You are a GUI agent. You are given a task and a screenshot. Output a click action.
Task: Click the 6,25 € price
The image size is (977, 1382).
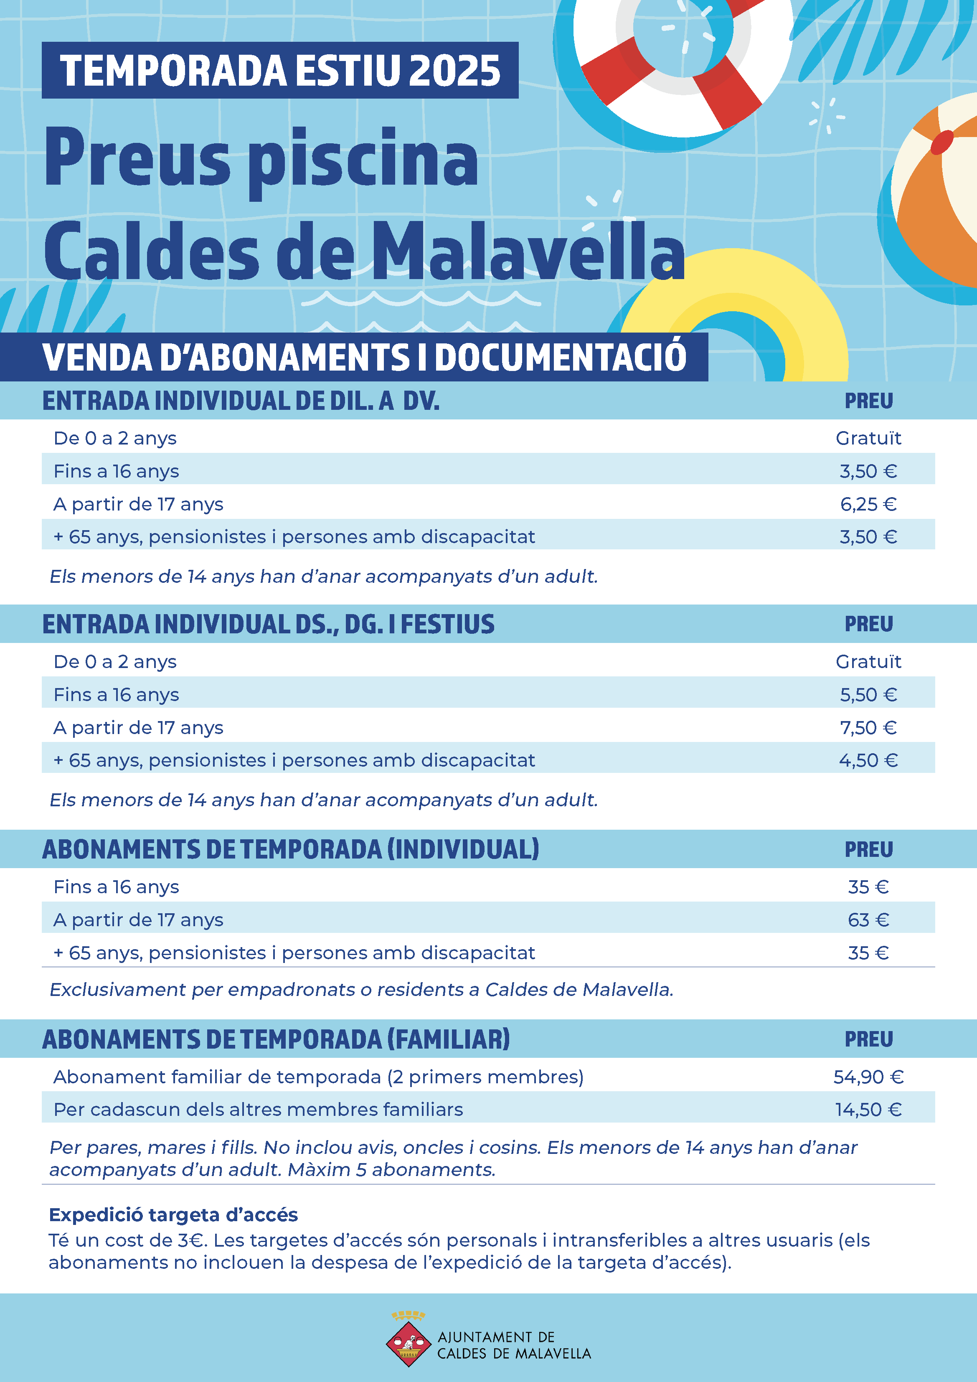pos(868,504)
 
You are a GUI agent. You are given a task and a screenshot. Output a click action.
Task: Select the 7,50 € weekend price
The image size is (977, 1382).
pos(868,728)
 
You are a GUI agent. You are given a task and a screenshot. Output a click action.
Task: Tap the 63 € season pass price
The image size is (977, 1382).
pos(868,920)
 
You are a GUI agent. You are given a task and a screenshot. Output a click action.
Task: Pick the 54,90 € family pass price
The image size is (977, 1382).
pos(868,1077)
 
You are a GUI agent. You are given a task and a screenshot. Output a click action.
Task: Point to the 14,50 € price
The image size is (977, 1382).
pos(868,1109)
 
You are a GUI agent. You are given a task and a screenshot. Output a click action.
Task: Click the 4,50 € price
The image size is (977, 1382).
pos(868,760)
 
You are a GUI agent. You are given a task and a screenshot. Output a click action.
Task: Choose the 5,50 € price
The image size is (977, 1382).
pos(868,695)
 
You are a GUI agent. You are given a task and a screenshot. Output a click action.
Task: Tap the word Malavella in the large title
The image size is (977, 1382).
pos(527,252)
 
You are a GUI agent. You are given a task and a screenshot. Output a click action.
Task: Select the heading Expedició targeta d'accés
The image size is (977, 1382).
pos(173,1214)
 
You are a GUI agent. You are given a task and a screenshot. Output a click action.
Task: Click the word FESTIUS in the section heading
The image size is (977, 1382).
pos(447,624)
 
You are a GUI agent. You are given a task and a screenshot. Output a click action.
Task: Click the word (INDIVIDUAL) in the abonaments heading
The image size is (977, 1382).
pos(463,849)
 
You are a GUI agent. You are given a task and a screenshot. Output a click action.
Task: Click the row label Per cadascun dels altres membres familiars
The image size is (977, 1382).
pos(258,1109)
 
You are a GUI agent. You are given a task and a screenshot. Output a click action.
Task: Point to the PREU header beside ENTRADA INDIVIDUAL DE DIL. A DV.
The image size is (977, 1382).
pos(868,401)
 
